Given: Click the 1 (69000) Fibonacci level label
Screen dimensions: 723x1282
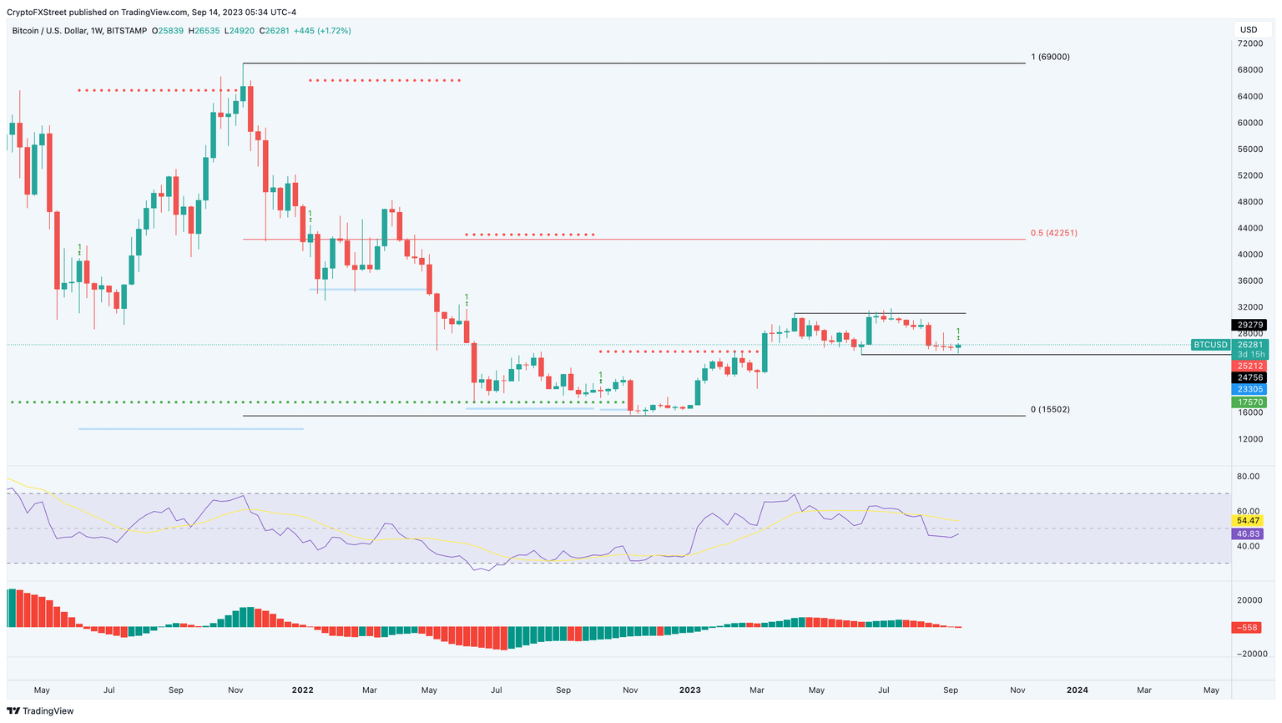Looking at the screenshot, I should coord(1050,57).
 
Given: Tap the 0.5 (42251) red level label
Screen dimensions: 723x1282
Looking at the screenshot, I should coord(1053,233).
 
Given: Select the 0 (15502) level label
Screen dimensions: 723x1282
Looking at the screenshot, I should coord(1050,409).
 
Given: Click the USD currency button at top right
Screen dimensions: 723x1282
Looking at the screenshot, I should coord(1249,30).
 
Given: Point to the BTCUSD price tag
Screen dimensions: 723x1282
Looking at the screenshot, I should coord(1210,345).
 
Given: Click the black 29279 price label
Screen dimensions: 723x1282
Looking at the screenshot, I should coord(1249,325).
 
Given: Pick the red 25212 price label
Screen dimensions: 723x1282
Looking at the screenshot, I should coord(1249,366).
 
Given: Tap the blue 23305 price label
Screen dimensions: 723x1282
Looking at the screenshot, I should coord(1249,389).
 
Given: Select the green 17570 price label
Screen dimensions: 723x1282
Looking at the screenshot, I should coord(1249,402).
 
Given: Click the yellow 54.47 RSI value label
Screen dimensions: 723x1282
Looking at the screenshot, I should coord(1249,520).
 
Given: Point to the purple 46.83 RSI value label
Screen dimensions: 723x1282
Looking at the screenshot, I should coord(1249,533).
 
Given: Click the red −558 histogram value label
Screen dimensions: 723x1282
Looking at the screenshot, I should coord(1249,628).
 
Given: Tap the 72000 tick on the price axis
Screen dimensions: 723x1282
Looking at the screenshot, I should coord(1249,43).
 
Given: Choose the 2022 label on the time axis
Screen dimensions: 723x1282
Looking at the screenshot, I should coord(302,690).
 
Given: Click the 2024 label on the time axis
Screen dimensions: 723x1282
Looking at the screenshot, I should coord(1077,690).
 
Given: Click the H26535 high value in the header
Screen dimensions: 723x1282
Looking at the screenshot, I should coord(204,31).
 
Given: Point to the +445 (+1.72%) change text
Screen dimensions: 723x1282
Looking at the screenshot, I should coord(322,31).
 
